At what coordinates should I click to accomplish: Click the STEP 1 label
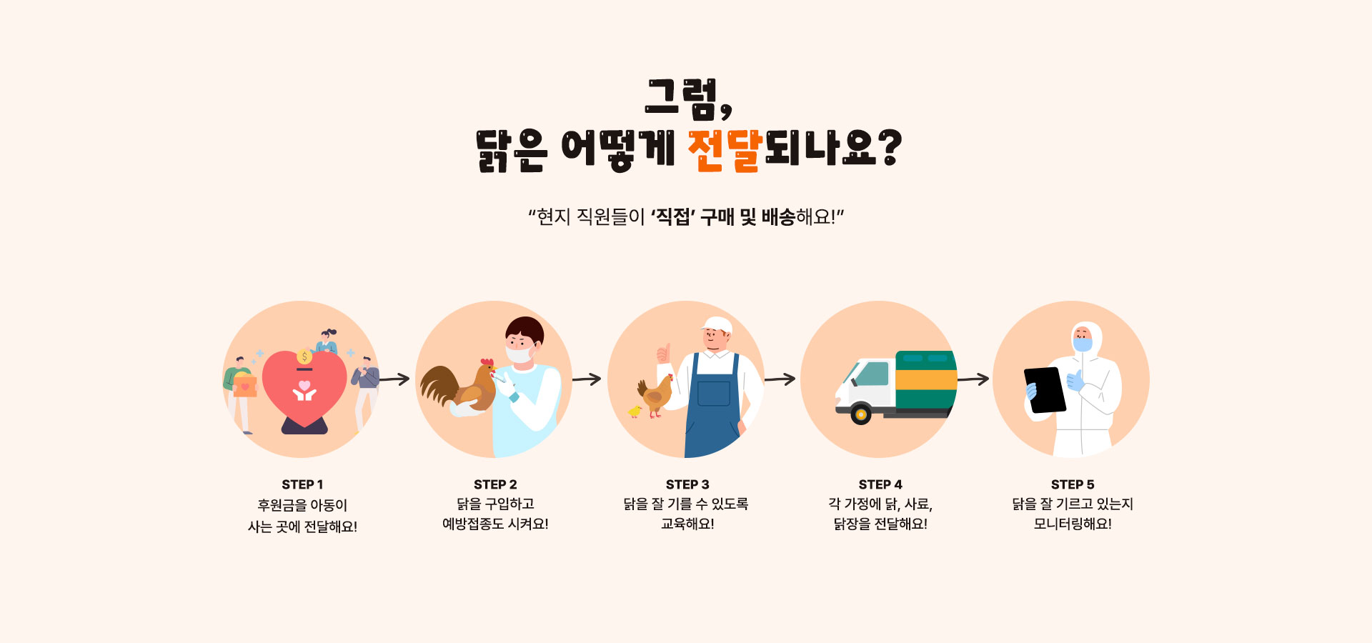[x=302, y=484]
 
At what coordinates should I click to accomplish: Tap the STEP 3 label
[x=687, y=484]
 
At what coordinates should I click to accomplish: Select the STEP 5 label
[x=1073, y=484]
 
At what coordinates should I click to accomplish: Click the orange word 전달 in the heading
[x=725, y=150]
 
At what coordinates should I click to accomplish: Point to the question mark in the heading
[x=889, y=148]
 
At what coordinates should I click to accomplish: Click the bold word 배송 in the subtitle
[x=778, y=216]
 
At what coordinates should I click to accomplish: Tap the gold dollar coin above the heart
[x=304, y=357]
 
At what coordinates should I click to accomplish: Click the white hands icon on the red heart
[x=304, y=391]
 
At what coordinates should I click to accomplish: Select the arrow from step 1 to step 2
[x=394, y=379]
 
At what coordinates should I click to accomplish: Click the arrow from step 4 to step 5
[x=973, y=379]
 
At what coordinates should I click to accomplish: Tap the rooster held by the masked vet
[x=459, y=387]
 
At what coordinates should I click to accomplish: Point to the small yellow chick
[x=635, y=411]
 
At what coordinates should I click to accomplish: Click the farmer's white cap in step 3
[x=717, y=325]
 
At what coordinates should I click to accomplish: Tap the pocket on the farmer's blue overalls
[x=713, y=394]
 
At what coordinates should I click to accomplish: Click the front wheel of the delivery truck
[x=861, y=414]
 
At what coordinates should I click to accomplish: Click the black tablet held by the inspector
[x=1045, y=390]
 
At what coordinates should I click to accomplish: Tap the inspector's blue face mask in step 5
[x=1083, y=344]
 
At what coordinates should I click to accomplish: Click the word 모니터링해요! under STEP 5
[x=1073, y=524]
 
